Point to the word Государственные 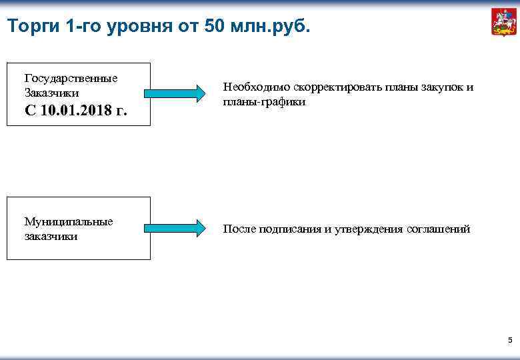pyautogui.click(x=71, y=78)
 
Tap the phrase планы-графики pyautogui.click(x=264, y=102)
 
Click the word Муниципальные pyautogui.click(x=69, y=221)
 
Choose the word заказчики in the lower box pyautogui.click(x=51, y=236)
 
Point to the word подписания pyautogui.click(x=289, y=229)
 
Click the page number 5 pyautogui.click(x=510, y=341)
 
